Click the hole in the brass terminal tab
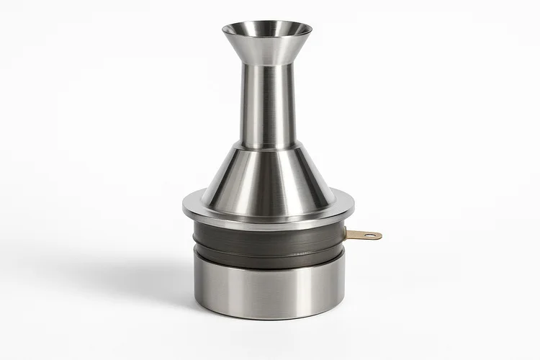coord(370,235)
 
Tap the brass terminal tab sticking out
coord(364,234)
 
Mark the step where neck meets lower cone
coord(266,147)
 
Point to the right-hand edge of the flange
coord(353,207)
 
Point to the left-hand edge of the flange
coord(184,207)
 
